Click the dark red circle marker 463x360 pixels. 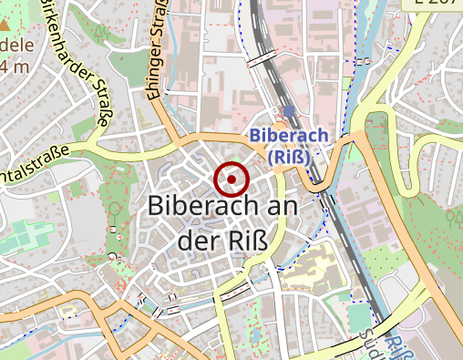tap(231, 178)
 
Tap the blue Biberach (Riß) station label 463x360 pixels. tap(289, 146)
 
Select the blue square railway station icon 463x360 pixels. tap(289, 111)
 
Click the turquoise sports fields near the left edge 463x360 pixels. tap(27, 236)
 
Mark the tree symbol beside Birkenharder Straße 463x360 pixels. tap(101, 36)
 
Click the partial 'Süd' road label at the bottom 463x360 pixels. tap(373, 343)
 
